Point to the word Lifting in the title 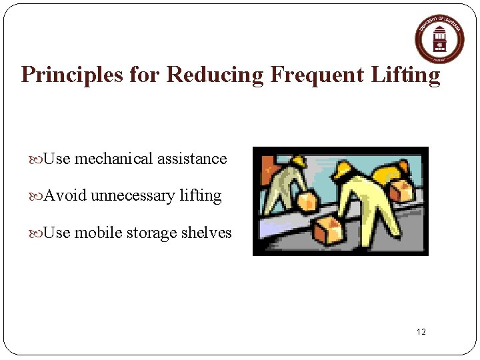[x=409, y=75]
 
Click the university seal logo [x=439, y=39]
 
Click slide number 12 [x=421, y=332]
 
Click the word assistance [x=192, y=159]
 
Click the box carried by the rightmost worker [x=402, y=191]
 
